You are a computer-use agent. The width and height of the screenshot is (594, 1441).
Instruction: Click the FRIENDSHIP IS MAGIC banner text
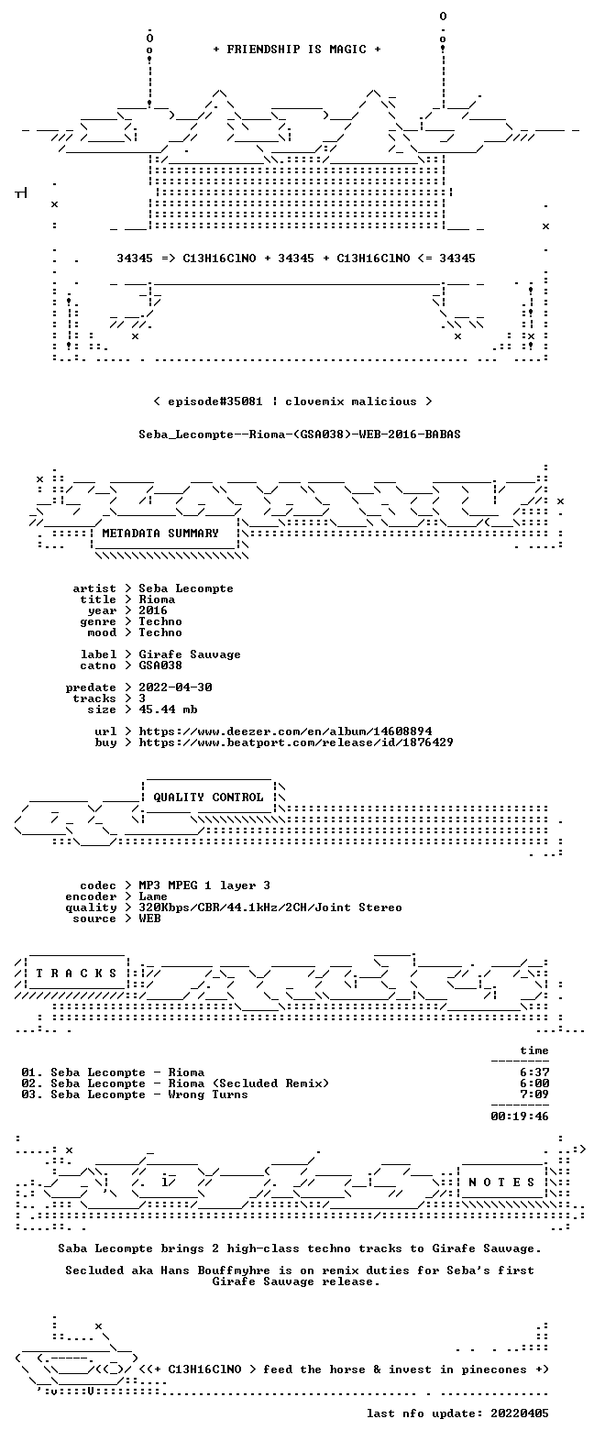[x=297, y=49]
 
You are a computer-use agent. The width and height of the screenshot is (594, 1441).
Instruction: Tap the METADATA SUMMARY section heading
[x=160, y=533]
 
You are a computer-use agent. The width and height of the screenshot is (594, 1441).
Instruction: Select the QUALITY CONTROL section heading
[x=208, y=797]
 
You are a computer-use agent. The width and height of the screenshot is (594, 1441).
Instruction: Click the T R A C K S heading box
[x=76, y=973]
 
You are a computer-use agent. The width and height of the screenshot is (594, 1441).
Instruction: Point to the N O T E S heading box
[x=501, y=1182]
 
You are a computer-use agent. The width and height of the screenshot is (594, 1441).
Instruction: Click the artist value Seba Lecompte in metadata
[x=186, y=588]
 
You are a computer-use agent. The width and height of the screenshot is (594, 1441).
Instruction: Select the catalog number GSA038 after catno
[x=160, y=665]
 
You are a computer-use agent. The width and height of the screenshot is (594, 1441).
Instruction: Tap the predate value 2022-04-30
[x=175, y=687]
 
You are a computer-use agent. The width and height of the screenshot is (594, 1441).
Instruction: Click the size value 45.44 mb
[x=168, y=709]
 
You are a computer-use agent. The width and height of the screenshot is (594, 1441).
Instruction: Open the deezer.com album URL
[x=285, y=731]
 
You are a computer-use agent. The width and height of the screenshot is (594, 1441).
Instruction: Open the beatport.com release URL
[x=295, y=742]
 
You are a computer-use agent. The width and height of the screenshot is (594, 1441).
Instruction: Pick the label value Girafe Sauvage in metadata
[x=190, y=654]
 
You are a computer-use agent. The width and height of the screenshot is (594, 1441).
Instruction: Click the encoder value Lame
[x=153, y=896]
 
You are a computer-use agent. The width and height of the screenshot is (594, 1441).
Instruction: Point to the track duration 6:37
[x=534, y=1072]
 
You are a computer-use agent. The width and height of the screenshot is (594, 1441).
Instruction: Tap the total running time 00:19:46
[x=520, y=1116]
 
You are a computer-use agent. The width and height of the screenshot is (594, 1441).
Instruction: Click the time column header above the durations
[x=534, y=1050]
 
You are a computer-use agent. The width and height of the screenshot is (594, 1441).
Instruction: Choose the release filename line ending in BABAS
[x=300, y=434]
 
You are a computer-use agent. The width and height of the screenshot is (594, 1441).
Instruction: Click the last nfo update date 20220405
[x=520, y=1413]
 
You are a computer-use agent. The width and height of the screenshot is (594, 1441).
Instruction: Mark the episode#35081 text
[x=214, y=401]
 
